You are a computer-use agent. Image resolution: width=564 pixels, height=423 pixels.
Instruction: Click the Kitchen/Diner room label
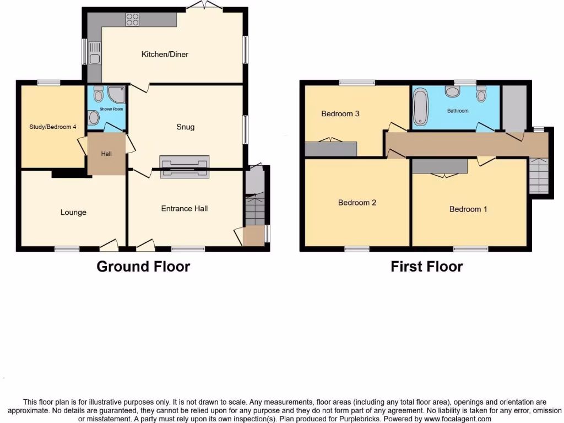point(165,54)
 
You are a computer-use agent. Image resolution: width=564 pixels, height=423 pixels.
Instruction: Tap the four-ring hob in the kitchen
point(132,20)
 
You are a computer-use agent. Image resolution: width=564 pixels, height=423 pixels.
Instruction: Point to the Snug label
point(185,127)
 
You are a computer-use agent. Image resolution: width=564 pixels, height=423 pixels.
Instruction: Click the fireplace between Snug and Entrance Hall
point(184,167)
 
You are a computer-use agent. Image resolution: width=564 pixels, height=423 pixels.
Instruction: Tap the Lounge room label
point(73,213)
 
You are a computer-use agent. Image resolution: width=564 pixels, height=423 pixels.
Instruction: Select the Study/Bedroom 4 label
point(53,127)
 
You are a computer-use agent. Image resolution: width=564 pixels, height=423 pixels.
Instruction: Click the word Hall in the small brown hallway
point(106,154)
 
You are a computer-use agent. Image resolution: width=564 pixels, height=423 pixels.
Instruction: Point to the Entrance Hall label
point(185,209)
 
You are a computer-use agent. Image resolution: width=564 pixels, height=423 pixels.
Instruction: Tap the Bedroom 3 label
point(340,114)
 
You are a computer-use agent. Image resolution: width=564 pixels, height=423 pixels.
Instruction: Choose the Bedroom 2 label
point(357,203)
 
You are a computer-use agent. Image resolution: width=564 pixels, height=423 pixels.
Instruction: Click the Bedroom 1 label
point(468,209)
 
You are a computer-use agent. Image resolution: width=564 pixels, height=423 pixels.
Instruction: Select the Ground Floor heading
point(143,267)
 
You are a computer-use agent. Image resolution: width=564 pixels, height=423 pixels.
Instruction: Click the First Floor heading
point(426,267)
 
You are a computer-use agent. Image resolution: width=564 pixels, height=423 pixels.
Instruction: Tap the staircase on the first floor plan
point(539,175)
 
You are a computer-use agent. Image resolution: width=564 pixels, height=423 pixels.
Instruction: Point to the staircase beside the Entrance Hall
point(254,209)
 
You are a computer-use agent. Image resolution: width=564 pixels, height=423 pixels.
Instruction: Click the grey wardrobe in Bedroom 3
point(331,149)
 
